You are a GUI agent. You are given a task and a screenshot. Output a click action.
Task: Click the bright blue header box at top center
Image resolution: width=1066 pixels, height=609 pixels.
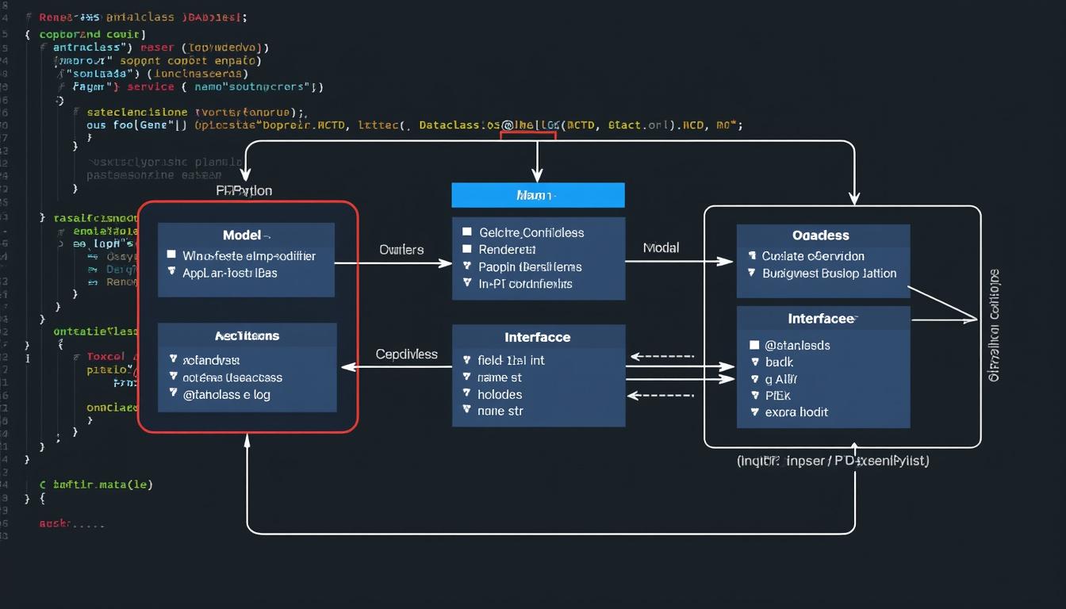538,195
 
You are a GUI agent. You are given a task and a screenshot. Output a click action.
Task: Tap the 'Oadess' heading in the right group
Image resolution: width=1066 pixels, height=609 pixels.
820,236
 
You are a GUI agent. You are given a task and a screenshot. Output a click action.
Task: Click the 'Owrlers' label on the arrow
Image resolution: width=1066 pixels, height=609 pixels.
401,250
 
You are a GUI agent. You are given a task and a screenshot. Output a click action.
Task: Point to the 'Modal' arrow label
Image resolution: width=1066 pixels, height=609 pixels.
661,248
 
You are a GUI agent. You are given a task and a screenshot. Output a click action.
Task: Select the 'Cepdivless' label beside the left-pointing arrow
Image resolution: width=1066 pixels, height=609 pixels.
406,354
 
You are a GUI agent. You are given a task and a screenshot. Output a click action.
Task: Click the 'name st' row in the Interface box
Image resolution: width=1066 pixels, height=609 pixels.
500,377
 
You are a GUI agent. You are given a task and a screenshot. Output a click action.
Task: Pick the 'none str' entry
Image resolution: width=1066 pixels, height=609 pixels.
500,411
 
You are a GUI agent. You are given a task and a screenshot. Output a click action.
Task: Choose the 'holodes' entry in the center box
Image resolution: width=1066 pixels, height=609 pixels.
500,394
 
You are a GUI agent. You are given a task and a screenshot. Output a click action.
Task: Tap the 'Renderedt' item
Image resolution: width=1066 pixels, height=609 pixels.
508,250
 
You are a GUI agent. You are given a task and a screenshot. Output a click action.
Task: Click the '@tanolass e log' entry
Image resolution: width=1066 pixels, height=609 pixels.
227,394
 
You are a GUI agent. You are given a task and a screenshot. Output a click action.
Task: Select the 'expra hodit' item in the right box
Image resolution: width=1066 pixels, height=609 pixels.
796,412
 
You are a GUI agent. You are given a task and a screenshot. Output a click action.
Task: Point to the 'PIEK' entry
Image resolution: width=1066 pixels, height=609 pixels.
778,395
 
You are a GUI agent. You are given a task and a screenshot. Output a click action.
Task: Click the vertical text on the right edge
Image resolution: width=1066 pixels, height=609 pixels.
995,325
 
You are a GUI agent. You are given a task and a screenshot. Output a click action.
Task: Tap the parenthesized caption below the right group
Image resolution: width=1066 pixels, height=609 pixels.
833,461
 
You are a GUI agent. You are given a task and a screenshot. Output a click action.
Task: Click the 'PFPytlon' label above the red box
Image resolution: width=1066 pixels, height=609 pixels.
244,191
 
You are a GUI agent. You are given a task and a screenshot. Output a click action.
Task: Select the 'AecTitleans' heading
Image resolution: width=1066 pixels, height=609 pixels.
247,336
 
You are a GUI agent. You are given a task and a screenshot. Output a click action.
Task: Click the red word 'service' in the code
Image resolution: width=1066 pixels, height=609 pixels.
150,87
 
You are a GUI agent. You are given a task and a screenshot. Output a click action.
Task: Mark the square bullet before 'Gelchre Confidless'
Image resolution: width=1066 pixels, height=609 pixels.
467,232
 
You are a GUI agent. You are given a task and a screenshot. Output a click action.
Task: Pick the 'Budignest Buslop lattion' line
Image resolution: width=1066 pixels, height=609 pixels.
829,274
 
